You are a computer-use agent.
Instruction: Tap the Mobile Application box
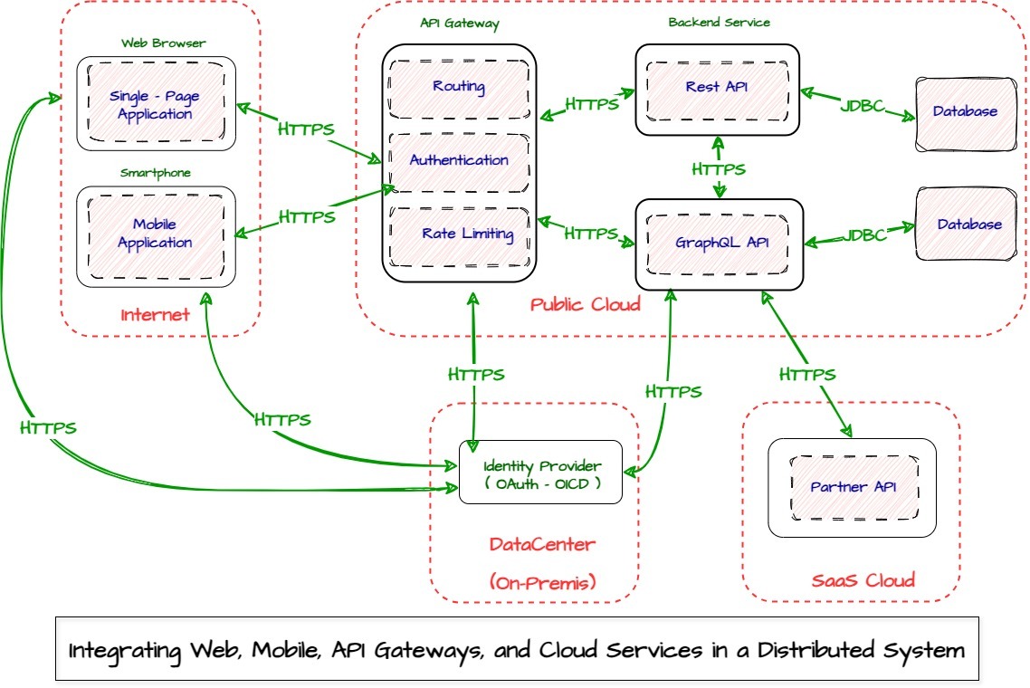(156, 234)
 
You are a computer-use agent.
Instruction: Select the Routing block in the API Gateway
(459, 88)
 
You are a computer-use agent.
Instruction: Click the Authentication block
(459, 161)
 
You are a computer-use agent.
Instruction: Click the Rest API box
(717, 87)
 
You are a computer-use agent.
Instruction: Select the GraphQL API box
(720, 244)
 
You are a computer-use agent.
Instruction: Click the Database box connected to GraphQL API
(968, 225)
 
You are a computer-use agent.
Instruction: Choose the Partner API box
(853, 487)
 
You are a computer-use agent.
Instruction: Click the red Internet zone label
(156, 315)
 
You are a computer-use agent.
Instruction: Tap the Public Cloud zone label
(586, 304)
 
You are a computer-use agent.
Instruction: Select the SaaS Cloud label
(862, 579)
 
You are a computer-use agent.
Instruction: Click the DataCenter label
(542, 544)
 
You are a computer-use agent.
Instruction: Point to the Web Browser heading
(164, 43)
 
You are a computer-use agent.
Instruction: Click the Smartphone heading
(156, 173)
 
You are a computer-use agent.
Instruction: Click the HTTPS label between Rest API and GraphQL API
(719, 169)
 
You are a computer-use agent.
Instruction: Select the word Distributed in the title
(812, 650)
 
